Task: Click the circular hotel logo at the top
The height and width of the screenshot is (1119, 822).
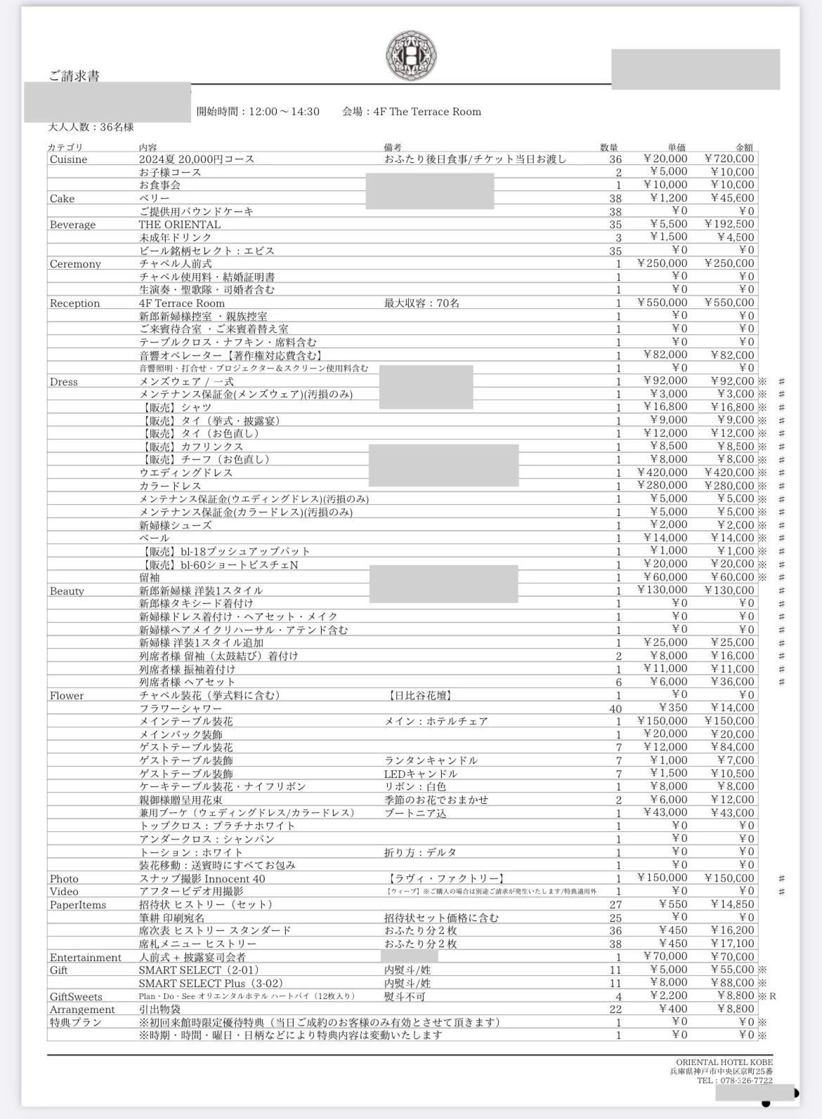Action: pos(411,56)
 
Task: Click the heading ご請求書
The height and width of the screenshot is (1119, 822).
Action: pos(74,76)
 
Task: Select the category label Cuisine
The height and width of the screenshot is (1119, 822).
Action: pos(68,159)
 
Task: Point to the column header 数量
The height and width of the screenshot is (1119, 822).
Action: pos(609,147)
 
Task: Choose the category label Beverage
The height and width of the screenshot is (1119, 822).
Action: pos(72,225)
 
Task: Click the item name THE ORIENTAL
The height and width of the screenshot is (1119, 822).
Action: pos(179,225)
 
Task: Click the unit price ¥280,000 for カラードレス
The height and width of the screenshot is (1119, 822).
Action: pos(663,485)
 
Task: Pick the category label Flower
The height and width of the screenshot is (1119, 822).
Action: pos(67,696)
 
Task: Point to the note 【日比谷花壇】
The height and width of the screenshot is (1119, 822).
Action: pos(419,695)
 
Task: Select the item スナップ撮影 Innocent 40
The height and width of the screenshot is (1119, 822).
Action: pos(202,878)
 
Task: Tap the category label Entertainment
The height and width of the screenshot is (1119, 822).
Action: pos(85,958)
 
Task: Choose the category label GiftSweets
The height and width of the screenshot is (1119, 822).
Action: pos(76,996)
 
